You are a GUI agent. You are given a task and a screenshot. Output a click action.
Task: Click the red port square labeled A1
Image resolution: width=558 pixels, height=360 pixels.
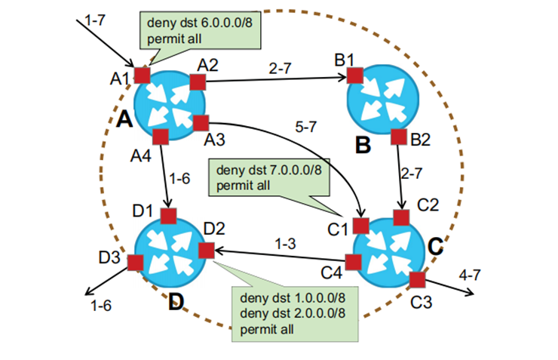tap(143, 75)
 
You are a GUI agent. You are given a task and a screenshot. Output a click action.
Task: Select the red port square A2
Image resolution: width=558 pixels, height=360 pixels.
tap(198, 82)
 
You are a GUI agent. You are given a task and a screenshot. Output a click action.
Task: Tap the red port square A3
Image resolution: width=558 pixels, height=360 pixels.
tap(201, 123)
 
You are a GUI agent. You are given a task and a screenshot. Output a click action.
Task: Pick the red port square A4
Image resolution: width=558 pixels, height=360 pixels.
tap(159, 137)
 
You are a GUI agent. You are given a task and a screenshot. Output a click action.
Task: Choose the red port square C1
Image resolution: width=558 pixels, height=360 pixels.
tap(361, 225)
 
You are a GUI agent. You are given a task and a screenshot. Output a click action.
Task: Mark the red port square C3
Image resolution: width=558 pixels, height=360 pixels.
tap(417, 280)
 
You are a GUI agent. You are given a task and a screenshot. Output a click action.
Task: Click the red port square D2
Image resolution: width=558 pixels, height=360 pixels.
tap(205, 250)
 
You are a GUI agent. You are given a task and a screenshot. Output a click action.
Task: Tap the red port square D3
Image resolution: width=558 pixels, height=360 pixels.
tap(136, 262)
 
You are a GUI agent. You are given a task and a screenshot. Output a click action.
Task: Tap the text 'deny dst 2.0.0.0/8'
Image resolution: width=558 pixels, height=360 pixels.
tap(285, 315)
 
